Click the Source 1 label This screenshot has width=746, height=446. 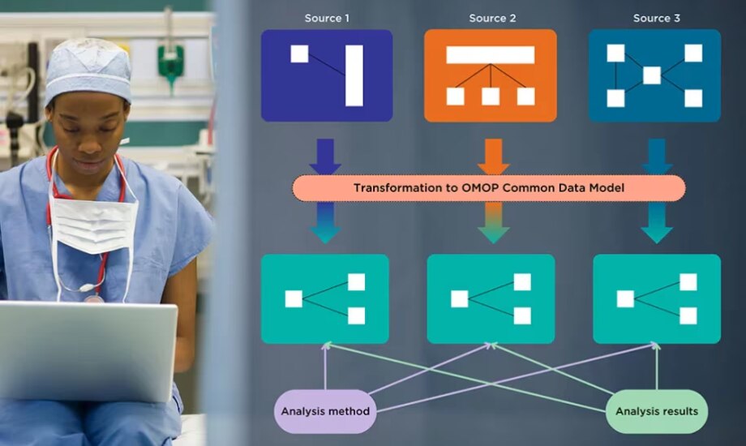pos(327,18)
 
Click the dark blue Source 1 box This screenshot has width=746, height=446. pos(327,75)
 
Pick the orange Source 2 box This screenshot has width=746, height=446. pos(491,75)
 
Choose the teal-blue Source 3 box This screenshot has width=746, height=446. pos(654,75)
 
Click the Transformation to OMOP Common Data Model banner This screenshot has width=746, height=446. pos(488,188)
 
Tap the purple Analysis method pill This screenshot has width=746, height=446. pos(325,411)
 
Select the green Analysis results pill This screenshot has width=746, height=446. pos(656,411)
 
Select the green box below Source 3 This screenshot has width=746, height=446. pos(657,298)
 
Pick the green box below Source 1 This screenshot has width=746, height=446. pos(325,298)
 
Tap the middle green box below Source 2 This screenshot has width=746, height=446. pos(491,298)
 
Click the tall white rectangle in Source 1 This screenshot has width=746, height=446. pos(354,75)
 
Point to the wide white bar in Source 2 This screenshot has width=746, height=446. pos(491,55)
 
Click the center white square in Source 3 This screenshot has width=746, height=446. pos(652,75)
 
